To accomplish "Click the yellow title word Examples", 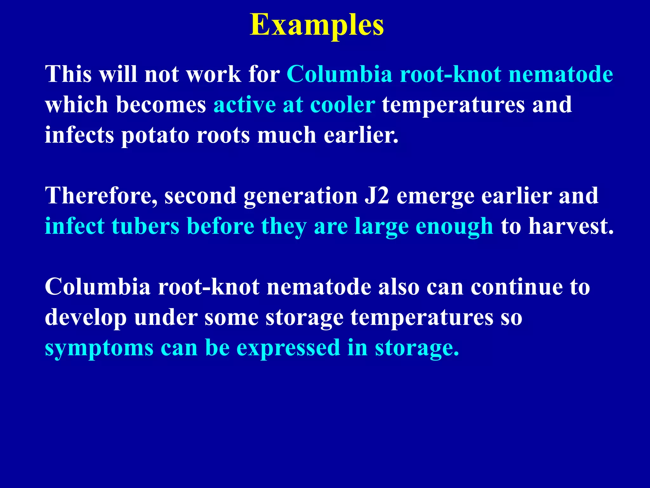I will (317, 25).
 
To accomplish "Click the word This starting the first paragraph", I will (68, 74).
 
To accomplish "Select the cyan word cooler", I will (342, 105).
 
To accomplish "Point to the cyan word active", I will (244, 105).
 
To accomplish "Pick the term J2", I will (377, 196).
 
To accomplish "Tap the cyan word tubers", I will (145, 226).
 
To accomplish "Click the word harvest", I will (571, 226).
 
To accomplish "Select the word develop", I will (86, 318).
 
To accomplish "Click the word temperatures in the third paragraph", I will (422, 318).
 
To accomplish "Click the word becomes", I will (161, 105).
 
